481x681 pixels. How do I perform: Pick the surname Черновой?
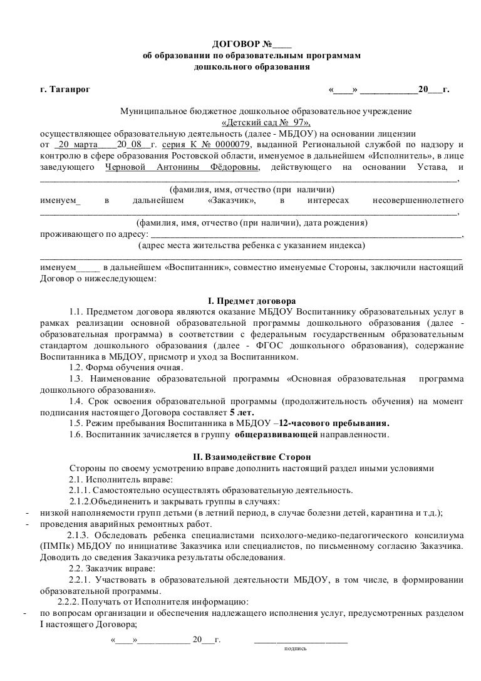coord(122,167)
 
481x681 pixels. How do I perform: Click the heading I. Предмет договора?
coord(251,301)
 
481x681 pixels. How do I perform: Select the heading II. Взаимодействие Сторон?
coord(251,457)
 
